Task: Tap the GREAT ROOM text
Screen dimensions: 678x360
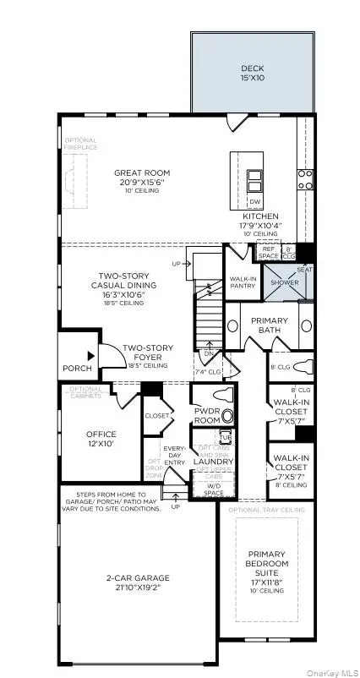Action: (141, 173)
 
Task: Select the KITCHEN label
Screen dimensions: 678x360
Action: (259, 216)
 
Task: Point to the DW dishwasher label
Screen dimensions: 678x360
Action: (254, 201)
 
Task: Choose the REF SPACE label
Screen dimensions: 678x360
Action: (268, 252)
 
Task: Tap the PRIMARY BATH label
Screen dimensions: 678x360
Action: (269, 325)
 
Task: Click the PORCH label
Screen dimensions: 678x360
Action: (77, 369)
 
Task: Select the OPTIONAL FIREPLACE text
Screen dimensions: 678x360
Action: (80, 144)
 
